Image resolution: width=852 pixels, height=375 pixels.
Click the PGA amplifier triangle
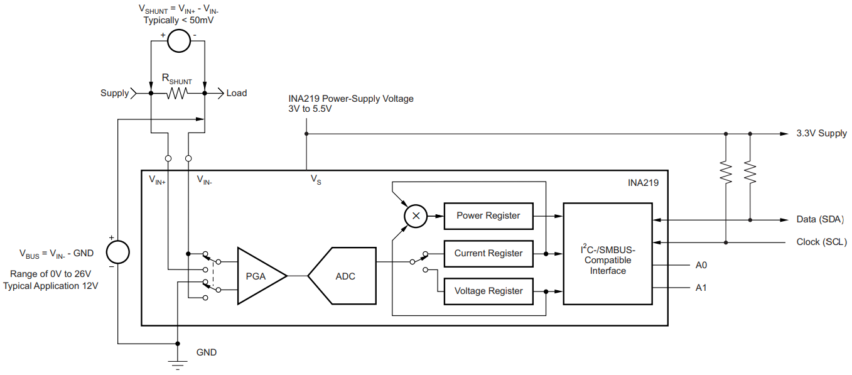point(257,276)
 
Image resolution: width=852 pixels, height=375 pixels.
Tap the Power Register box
point(488,215)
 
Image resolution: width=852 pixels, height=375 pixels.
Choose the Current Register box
point(488,253)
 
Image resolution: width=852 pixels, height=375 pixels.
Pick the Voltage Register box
point(488,291)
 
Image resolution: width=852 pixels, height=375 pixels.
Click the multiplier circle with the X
point(414,215)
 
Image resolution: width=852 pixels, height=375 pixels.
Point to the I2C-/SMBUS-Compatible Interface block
point(607,253)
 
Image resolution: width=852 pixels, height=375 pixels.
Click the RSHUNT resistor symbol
point(178,94)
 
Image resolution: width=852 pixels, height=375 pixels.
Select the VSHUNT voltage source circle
point(178,41)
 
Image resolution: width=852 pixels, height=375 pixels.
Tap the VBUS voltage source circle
point(117,253)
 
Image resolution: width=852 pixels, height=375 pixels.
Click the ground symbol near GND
point(178,362)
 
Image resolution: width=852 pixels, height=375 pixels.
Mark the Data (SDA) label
point(819,219)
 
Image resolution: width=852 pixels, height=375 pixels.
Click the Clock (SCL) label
point(821,242)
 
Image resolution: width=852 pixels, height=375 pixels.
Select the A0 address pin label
point(701,265)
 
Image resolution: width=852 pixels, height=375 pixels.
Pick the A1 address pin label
point(701,288)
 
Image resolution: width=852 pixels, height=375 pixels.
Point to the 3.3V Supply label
point(821,133)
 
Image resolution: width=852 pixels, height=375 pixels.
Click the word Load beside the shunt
point(237,93)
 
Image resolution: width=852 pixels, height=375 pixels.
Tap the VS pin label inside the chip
point(316,180)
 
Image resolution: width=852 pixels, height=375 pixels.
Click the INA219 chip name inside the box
point(643,183)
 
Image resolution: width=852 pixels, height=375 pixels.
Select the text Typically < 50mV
point(179,20)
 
